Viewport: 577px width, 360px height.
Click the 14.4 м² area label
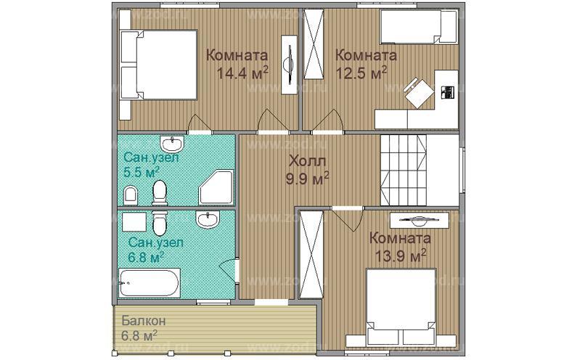242,73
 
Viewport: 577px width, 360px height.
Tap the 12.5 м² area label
361,73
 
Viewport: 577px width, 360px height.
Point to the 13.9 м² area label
401,255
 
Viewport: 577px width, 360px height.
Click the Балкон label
144,321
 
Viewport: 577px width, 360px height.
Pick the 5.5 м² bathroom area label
142,172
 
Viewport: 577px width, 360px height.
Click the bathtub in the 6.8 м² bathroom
150,282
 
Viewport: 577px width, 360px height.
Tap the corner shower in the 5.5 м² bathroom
216,187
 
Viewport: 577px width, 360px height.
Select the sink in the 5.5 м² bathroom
172,144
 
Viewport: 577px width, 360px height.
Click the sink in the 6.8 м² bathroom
208,219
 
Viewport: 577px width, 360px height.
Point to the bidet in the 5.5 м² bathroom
130,195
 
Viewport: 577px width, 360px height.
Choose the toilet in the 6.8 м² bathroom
159,223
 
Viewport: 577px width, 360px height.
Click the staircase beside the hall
404,170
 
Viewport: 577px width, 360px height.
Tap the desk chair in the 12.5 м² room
419,92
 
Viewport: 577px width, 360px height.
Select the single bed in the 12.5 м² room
418,27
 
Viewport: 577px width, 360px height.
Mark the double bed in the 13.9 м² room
401,308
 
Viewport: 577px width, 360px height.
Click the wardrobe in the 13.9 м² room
311,254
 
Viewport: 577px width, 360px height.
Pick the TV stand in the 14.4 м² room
290,65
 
